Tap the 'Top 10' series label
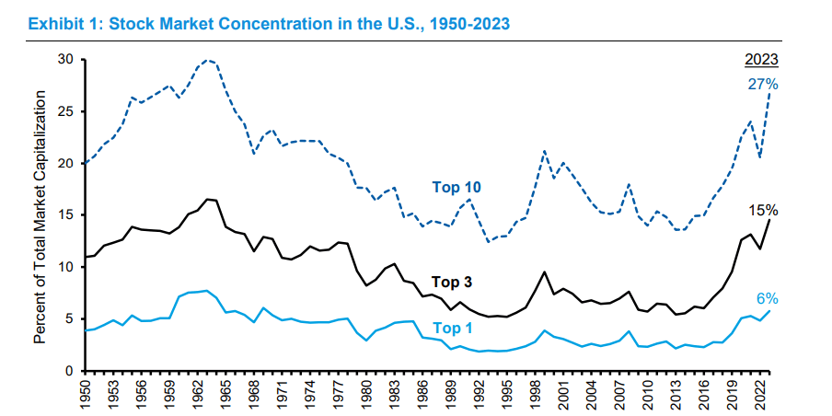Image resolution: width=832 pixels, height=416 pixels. [x=456, y=187]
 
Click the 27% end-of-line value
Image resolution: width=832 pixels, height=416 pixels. [x=763, y=85]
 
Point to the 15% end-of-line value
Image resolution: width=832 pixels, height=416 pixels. [x=764, y=209]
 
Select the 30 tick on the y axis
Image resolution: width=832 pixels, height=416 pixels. [x=64, y=60]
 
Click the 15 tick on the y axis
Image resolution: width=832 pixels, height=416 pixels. [x=64, y=215]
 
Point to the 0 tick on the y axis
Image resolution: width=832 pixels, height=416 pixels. [x=68, y=371]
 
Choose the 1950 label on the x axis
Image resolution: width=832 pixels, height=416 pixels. [x=86, y=394]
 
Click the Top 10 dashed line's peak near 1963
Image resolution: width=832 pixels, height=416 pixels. [x=208, y=61]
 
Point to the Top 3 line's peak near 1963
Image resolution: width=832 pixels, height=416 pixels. [x=208, y=199]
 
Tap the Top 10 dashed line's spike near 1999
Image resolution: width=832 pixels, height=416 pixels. [x=546, y=151]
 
